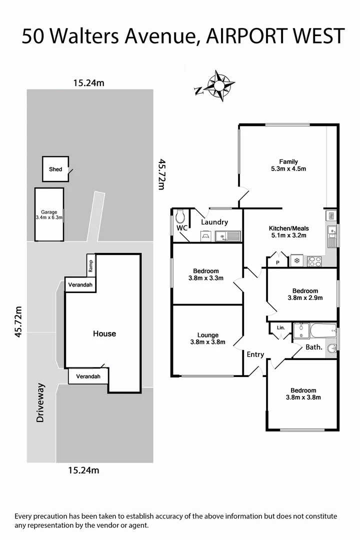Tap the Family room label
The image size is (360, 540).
point(288,165)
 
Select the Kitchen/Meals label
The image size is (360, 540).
point(288,231)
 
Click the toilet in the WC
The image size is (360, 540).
point(180,216)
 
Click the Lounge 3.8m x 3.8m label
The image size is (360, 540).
point(207,338)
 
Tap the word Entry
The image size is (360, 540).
point(255,354)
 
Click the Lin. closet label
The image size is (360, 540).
point(280,328)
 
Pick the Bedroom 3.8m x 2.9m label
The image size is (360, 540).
point(304,294)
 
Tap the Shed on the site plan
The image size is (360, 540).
point(55,169)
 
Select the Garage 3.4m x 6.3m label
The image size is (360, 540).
point(49,215)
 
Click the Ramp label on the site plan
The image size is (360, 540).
point(90,266)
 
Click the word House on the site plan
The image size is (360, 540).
point(104,333)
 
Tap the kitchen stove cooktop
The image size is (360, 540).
point(314,260)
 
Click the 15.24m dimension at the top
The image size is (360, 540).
point(88,83)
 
